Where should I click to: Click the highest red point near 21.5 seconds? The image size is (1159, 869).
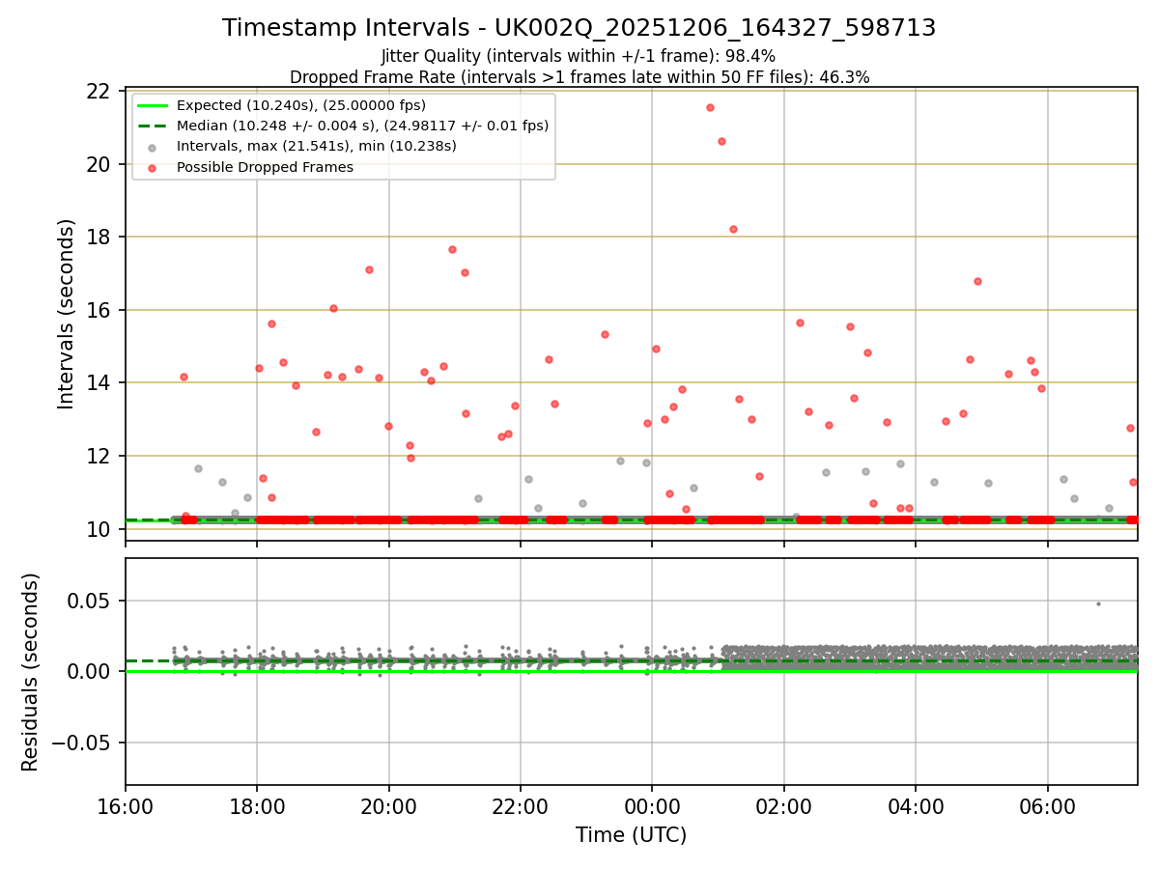click(710, 107)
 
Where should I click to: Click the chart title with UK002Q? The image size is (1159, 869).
click(579, 28)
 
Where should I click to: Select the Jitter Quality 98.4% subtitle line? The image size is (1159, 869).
click(579, 56)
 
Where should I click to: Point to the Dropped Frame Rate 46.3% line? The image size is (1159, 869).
click(579, 77)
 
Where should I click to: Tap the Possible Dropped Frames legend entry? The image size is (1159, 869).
click(265, 167)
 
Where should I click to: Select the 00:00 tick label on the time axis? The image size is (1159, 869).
click(652, 806)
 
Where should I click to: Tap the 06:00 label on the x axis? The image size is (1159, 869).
click(1047, 806)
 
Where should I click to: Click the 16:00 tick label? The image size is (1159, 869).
click(126, 806)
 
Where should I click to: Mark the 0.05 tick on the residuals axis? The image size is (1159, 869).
click(94, 600)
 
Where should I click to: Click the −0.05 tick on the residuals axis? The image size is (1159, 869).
click(87, 743)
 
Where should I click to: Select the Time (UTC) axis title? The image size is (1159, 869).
click(631, 835)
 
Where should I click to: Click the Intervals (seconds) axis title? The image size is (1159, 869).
click(66, 314)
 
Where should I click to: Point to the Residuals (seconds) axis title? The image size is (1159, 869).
click(30, 672)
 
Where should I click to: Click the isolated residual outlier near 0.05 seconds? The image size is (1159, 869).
click(1097, 603)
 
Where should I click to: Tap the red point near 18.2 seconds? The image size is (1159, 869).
click(733, 229)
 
